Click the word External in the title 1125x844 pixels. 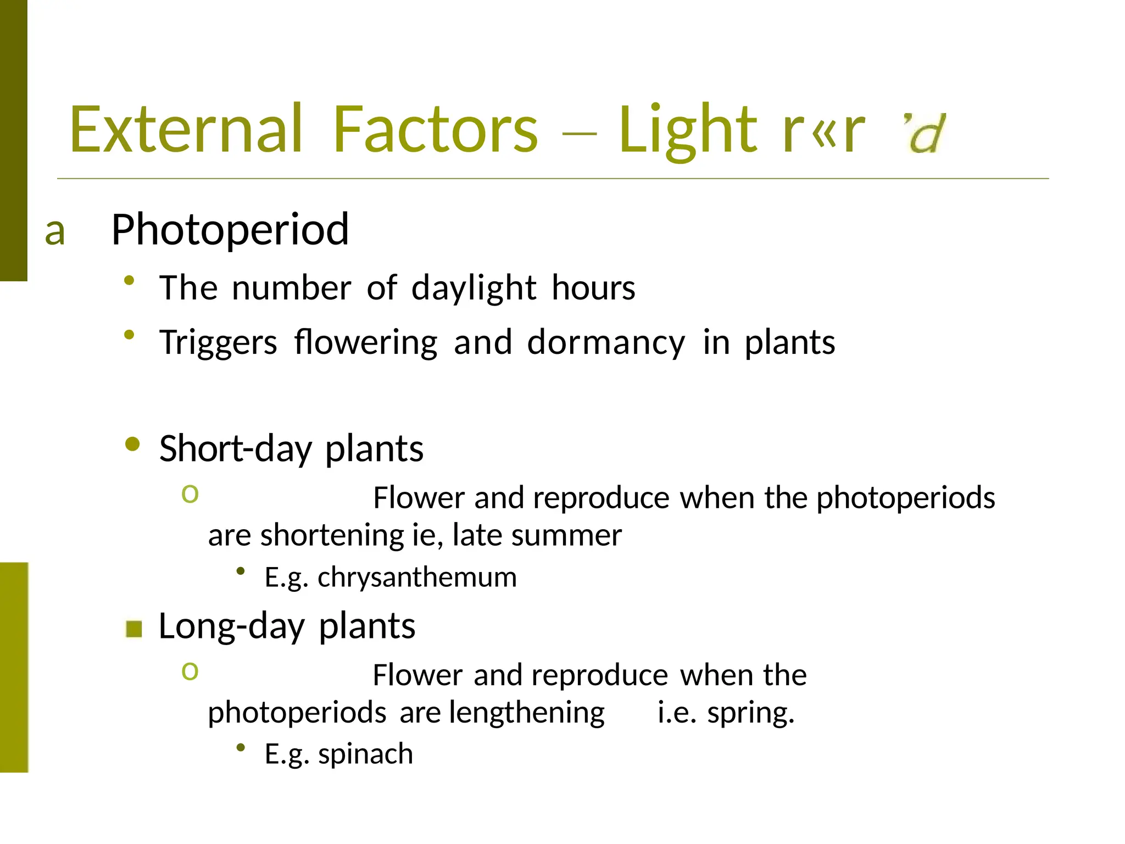(186, 130)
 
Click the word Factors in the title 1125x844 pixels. (435, 130)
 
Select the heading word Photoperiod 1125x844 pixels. (230, 230)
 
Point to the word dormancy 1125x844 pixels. (606, 342)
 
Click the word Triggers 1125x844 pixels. (218, 342)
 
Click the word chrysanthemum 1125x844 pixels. (417, 578)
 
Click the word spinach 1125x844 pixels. (365, 754)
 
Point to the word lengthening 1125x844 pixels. (526, 713)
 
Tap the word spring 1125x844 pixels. (750, 713)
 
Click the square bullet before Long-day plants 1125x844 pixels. (133, 629)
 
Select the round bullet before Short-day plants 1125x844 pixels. (132, 443)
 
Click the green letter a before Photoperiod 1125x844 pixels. (55, 231)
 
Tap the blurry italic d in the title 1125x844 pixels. (927, 134)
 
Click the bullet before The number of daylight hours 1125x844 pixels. (129, 281)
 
